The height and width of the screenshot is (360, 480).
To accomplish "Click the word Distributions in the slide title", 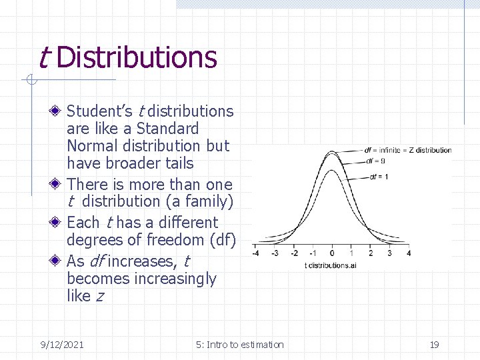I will [137, 57].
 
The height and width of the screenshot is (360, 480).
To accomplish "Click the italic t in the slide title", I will [43, 57].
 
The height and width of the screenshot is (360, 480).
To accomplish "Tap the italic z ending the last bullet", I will [99, 296].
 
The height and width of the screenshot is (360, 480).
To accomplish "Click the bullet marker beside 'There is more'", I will [59, 185].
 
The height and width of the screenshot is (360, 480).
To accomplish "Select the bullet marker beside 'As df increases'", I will [59, 261].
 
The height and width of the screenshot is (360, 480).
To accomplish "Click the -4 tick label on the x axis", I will [255, 253].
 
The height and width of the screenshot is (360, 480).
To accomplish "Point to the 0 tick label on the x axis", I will [332, 253].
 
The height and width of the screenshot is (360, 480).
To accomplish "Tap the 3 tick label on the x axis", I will [389, 253].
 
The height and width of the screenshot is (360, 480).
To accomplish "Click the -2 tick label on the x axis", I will [294, 253].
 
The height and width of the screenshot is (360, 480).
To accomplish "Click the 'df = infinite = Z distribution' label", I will [407, 150].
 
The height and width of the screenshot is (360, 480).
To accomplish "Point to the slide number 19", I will [434, 345].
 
